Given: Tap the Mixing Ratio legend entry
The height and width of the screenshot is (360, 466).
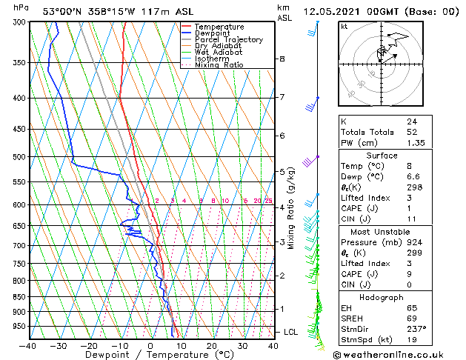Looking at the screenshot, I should (219, 65).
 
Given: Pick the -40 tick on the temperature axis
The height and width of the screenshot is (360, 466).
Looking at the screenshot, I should (28, 345).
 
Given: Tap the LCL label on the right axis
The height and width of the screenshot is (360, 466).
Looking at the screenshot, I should (290, 332).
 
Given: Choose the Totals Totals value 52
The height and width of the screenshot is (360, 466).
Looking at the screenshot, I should (413, 132).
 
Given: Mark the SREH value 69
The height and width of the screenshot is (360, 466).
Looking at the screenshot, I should (413, 317).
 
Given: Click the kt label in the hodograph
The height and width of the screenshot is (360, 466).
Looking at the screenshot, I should (344, 26).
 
